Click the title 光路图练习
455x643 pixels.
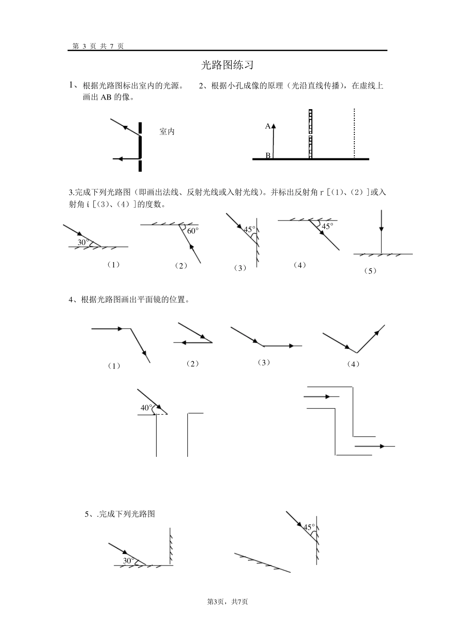[x=227, y=66]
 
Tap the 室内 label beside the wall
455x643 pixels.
[x=167, y=132]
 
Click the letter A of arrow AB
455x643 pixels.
[x=268, y=126]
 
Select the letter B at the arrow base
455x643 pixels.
[x=268, y=155]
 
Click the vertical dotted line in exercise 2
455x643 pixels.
[x=354, y=134]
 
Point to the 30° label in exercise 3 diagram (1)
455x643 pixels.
[x=83, y=243]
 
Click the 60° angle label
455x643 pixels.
[x=193, y=231]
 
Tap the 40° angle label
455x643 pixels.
[x=146, y=408]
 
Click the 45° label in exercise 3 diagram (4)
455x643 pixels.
[x=327, y=226]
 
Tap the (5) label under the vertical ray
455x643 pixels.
[x=370, y=271]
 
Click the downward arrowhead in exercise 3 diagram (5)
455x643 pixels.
[x=381, y=227]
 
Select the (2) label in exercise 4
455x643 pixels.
[x=193, y=364]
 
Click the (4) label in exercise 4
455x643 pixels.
[x=353, y=364]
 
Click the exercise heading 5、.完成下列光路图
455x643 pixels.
[x=120, y=514]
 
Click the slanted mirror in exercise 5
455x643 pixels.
[x=262, y=563]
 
